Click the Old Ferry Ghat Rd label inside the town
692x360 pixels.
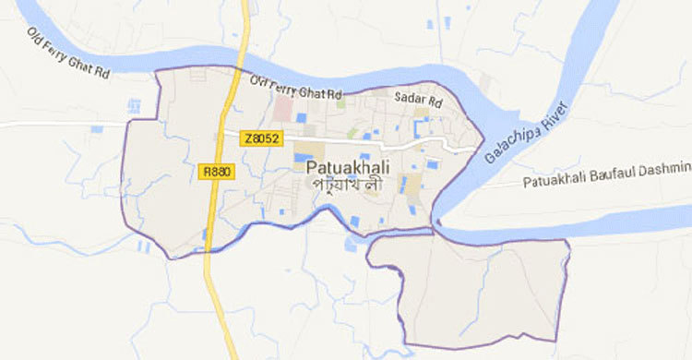click(296, 89)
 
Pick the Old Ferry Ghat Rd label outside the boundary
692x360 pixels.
click(69, 56)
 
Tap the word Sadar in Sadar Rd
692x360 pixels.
click(406, 96)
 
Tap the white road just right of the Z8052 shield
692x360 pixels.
click(304, 138)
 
